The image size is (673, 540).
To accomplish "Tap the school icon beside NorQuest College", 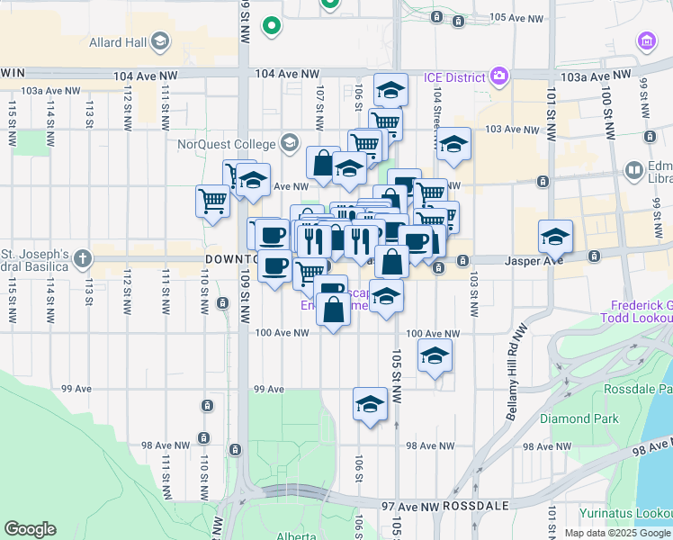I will pyautogui.click(x=290, y=142).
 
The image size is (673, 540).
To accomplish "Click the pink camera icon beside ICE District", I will pyautogui.click(x=498, y=76).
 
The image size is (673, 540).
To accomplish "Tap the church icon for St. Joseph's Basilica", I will pyautogui.click(x=83, y=259).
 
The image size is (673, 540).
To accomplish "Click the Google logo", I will pyautogui.click(x=30, y=529).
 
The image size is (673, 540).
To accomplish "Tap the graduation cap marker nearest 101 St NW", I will pyautogui.click(x=555, y=236).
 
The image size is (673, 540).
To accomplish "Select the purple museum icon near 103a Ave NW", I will pyautogui.click(x=645, y=40).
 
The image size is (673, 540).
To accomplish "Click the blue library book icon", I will pyautogui.click(x=634, y=170).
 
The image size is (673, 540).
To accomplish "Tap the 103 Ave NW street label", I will pyautogui.click(x=511, y=129).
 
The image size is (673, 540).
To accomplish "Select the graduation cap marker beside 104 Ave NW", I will pyautogui.click(x=390, y=88).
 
